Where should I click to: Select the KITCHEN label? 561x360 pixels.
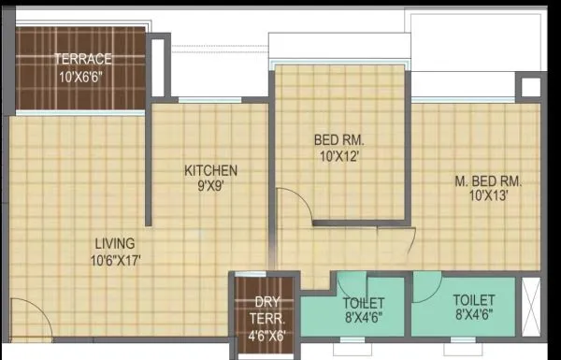pyautogui.click(x=210, y=170)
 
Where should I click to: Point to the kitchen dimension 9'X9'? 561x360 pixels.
pyautogui.click(x=210, y=185)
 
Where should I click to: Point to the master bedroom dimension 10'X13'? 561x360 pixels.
pyautogui.click(x=488, y=196)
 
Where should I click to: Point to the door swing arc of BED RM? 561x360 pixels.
pyautogui.click(x=293, y=202)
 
